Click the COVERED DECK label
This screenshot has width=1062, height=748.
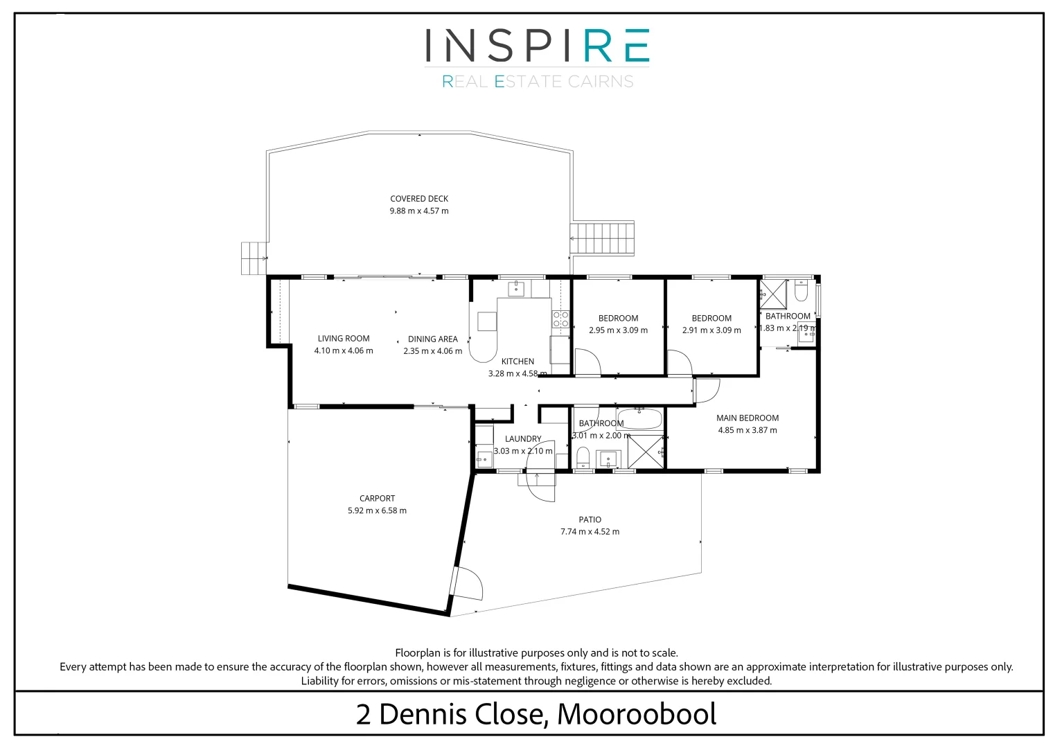419,199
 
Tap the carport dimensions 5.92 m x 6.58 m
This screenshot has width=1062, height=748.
377,511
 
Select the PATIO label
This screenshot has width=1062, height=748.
590,519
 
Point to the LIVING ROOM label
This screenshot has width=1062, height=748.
344,339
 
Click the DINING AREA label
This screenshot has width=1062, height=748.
433,339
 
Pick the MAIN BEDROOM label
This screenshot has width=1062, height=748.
747,418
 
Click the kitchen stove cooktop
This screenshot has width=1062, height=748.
560,319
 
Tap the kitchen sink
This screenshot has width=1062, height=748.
516,288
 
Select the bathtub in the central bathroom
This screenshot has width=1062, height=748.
639,420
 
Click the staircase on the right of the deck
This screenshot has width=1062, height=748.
602,238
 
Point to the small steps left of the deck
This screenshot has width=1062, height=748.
254,258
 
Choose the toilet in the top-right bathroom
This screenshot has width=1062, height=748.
801,291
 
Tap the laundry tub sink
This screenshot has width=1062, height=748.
484,458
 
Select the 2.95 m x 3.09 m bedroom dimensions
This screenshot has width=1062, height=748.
618,330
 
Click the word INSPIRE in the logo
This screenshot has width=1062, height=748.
537,46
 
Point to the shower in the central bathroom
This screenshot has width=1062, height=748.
646,452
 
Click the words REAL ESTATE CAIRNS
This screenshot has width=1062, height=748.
538,82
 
